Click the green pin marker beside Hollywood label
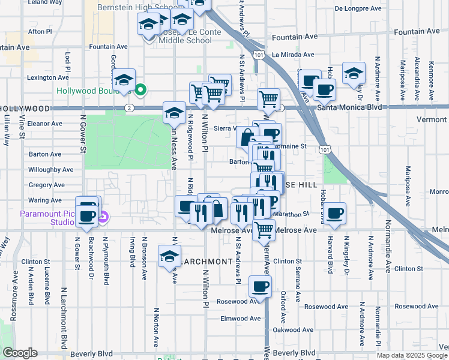pos(140,91)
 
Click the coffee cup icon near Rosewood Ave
pos(260,287)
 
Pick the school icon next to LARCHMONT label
pos(170,256)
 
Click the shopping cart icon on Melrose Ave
pos(263,229)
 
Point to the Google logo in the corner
pos(20,353)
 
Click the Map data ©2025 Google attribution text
pos(412,355)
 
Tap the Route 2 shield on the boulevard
pos(130,107)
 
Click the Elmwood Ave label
pos(241,319)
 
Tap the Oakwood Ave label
pos(293,329)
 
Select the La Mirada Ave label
pos(294,55)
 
